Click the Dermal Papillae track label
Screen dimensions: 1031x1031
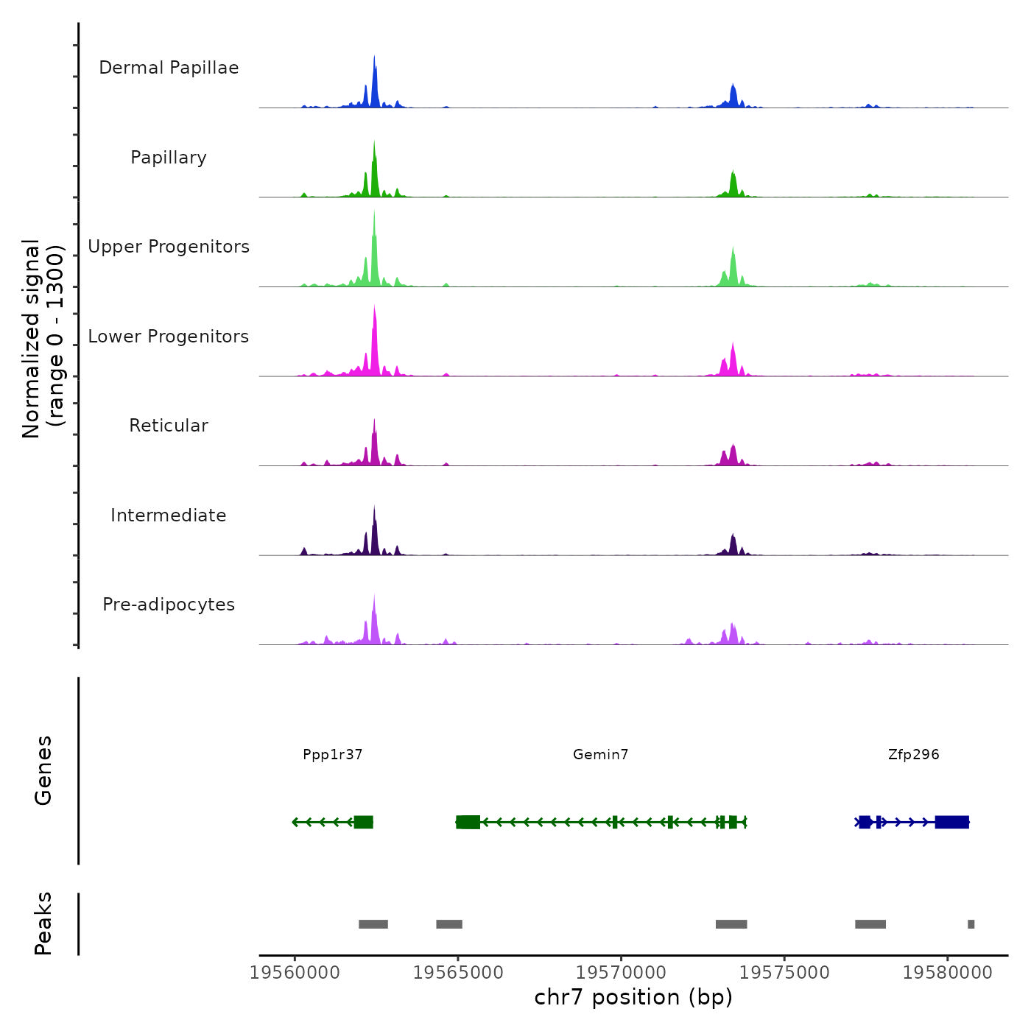coord(169,68)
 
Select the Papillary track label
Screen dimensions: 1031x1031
coord(169,158)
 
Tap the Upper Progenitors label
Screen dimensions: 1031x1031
coord(169,247)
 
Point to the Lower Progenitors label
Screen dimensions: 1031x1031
coord(169,337)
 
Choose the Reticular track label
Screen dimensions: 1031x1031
coord(169,426)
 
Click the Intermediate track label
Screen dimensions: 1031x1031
coord(169,515)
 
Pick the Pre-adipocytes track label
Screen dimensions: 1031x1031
coord(169,605)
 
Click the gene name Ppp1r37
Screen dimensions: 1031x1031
coord(333,754)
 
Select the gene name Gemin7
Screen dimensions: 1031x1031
coord(601,754)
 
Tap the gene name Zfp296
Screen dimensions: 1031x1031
coord(914,754)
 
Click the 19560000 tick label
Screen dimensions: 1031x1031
coord(295,972)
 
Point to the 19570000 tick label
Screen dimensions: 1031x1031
coord(621,972)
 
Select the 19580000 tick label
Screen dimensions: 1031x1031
coord(947,972)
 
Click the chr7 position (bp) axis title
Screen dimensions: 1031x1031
coord(633,997)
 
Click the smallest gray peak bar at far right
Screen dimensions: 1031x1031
coord(971,924)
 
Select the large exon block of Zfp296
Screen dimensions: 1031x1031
coord(951,822)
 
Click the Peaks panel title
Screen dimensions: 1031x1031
coord(43,923)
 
